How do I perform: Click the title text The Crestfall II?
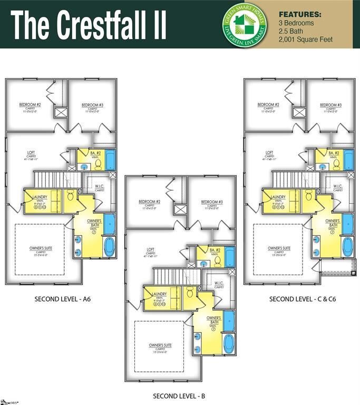click(88, 24)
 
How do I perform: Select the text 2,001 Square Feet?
click(305, 40)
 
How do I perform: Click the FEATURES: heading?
click(299, 14)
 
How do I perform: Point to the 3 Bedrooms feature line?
click(296, 23)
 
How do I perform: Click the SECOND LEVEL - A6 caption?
click(63, 299)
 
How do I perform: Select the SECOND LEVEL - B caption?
click(179, 396)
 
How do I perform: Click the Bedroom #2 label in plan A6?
click(31, 105)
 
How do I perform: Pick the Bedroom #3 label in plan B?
click(212, 202)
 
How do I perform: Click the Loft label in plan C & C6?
click(269, 153)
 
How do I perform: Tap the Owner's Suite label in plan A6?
click(41, 248)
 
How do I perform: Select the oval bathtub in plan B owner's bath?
click(228, 343)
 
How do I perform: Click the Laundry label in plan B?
click(159, 294)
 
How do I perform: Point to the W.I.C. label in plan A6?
click(100, 186)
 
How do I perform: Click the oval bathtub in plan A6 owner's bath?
click(109, 246)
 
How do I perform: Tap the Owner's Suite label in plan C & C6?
click(279, 248)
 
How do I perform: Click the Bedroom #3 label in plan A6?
click(93, 105)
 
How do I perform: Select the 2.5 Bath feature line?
click(291, 32)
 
